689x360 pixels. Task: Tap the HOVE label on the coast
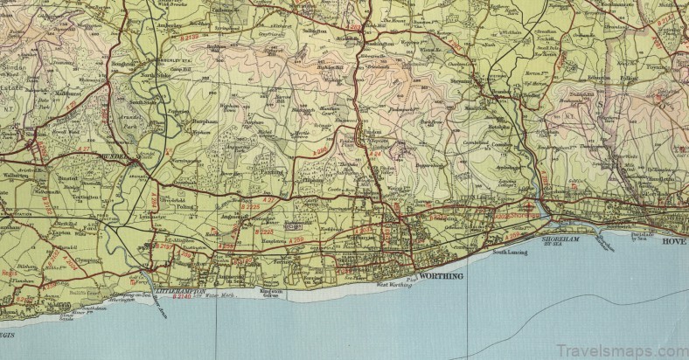pos(673,240)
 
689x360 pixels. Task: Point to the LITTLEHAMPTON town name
pos(178,289)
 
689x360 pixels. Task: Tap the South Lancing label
pos(511,253)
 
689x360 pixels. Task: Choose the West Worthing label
pos(393,285)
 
